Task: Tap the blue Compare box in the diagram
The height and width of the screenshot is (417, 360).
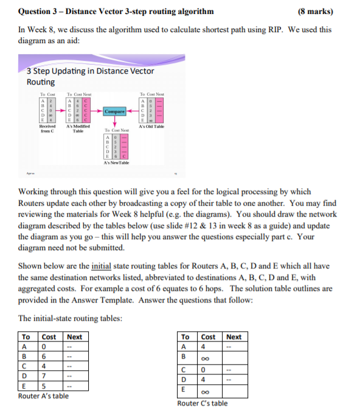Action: [115, 111]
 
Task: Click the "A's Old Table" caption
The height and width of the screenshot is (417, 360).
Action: [152, 126]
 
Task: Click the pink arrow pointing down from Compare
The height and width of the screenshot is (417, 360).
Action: [115, 121]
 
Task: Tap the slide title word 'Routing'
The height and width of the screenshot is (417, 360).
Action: [41, 82]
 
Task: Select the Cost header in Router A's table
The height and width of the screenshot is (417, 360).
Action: [49, 337]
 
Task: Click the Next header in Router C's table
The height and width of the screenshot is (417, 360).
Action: [234, 337]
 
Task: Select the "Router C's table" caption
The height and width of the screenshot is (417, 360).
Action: [202, 403]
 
